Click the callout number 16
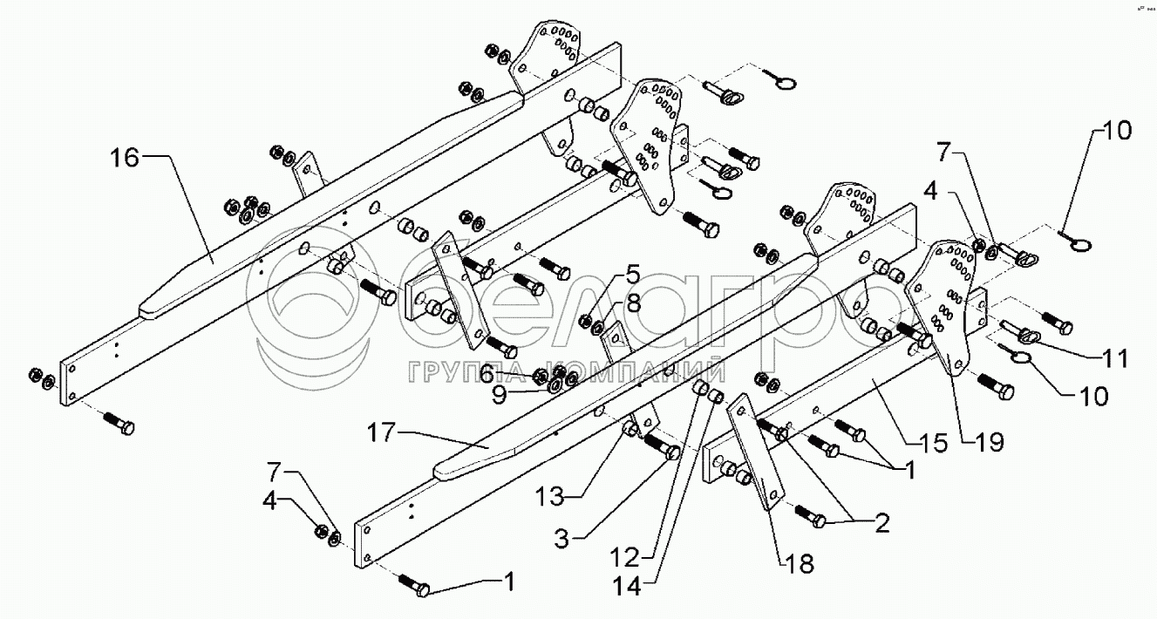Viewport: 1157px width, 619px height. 125,157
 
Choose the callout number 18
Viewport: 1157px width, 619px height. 800,563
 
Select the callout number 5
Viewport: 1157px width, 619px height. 631,277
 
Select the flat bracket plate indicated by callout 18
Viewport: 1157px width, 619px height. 756,453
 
